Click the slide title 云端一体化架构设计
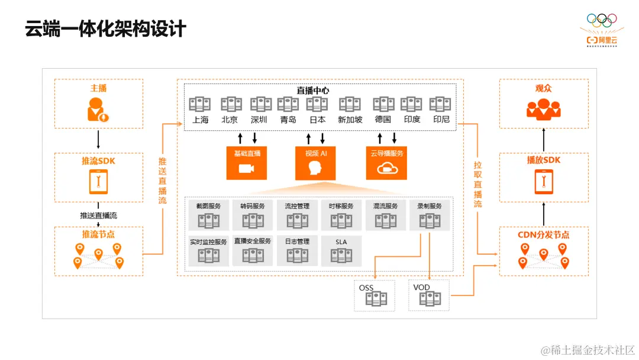tap(105, 28)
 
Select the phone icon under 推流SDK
tap(98, 182)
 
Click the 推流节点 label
tap(98, 234)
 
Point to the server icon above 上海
tap(200, 105)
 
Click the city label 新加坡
tap(350, 119)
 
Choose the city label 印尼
tap(441, 119)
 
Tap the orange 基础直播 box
tap(247, 163)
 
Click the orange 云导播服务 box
tap(386, 163)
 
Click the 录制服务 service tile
tap(430, 215)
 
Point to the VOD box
tap(429, 295)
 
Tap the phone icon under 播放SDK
tap(543, 182)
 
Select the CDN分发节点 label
tap(543, 234)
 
